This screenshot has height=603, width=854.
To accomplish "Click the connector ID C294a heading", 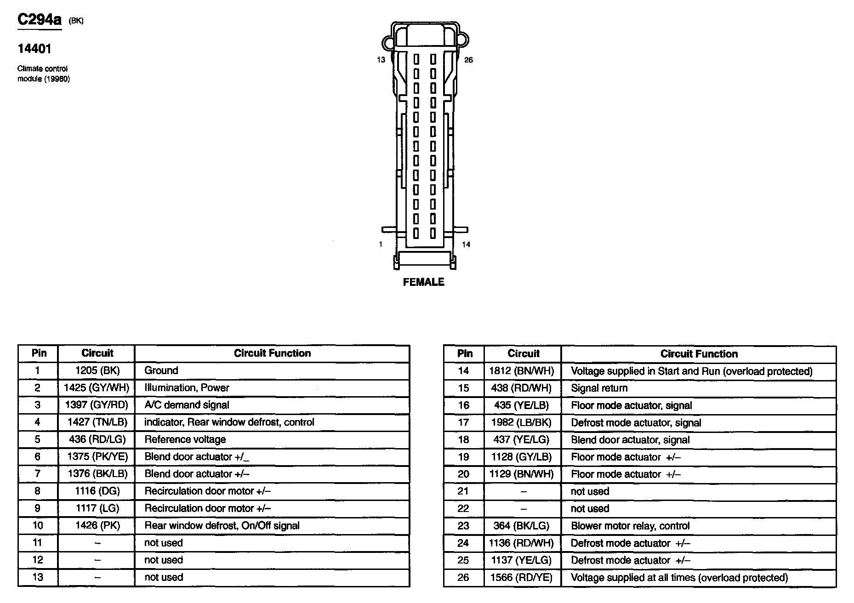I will point(39,20).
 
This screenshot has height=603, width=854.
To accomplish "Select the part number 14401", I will point(34,49).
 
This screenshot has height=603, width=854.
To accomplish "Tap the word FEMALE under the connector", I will point(423,282).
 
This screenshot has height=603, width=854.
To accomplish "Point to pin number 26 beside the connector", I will point(468,60).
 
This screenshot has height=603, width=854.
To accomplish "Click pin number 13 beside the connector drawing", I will point(381,60).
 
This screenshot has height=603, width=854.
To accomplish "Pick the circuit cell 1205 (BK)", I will point(97,370).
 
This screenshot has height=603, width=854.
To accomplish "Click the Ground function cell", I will point(161,370).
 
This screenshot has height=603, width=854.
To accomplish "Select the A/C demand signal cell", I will point(187,405).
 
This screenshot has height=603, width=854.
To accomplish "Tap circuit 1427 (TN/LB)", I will point(97,422).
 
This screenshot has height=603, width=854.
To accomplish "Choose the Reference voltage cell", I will point(185,439).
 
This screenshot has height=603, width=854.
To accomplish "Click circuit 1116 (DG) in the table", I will point(97,491).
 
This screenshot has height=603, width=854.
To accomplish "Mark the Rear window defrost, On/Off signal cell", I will point(222,525).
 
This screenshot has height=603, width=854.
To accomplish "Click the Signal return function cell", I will point(599,388).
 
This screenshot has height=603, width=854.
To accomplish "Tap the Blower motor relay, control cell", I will point(630,526).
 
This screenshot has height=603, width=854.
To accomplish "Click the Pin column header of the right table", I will point(465,353).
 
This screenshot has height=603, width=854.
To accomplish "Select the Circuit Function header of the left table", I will point(272,353).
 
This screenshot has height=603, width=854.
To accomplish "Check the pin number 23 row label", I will point(463,526).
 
